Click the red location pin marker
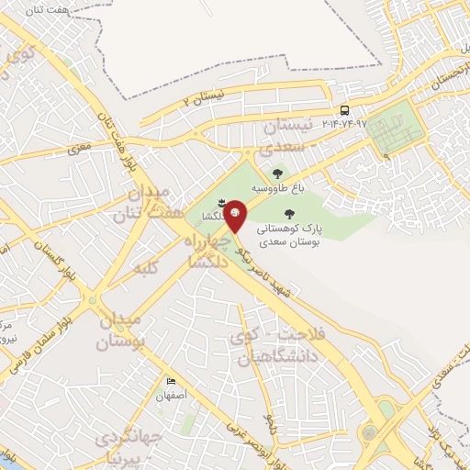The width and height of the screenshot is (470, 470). (x=235, y=215)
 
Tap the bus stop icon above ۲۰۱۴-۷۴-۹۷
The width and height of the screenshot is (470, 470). (x=344, y=109)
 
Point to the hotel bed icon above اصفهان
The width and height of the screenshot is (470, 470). (x=171, y=382)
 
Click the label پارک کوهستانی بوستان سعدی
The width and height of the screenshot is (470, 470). (x=291, y=235)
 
